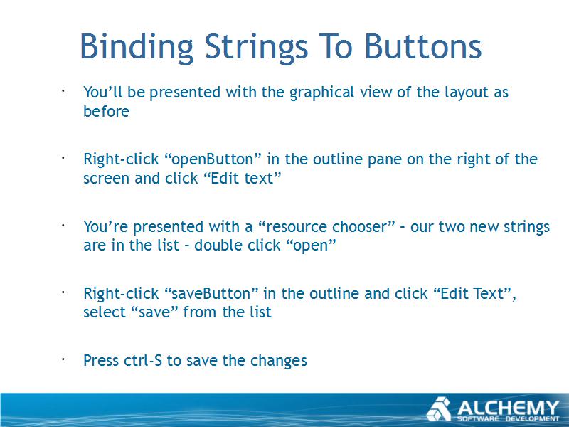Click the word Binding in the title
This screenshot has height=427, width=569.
[137, 48]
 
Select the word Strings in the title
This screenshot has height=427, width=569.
[256, 48]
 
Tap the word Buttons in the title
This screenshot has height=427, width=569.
[422, 46]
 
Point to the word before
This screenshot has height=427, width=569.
[106, 111]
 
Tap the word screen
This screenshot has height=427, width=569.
[106, 179]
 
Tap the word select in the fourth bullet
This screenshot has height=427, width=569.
[104, 312]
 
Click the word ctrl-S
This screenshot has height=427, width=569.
[143, 361]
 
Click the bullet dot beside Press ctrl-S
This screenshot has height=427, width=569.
[63, 359]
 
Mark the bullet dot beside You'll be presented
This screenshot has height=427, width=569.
[63, 91]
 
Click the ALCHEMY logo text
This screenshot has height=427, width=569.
[508, 408]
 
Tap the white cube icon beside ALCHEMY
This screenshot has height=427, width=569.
[439, 409]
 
